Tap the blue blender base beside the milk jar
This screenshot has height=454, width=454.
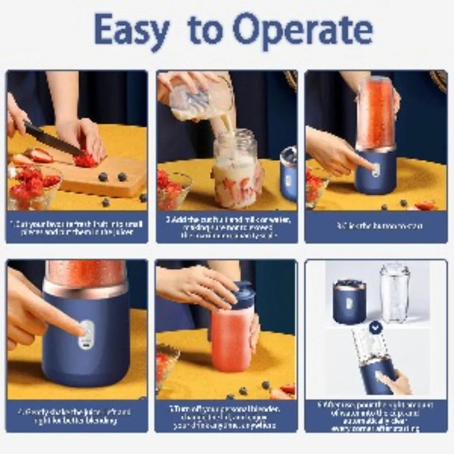289,175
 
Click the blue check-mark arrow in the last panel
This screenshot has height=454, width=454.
375,326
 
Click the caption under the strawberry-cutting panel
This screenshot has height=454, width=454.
77,227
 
